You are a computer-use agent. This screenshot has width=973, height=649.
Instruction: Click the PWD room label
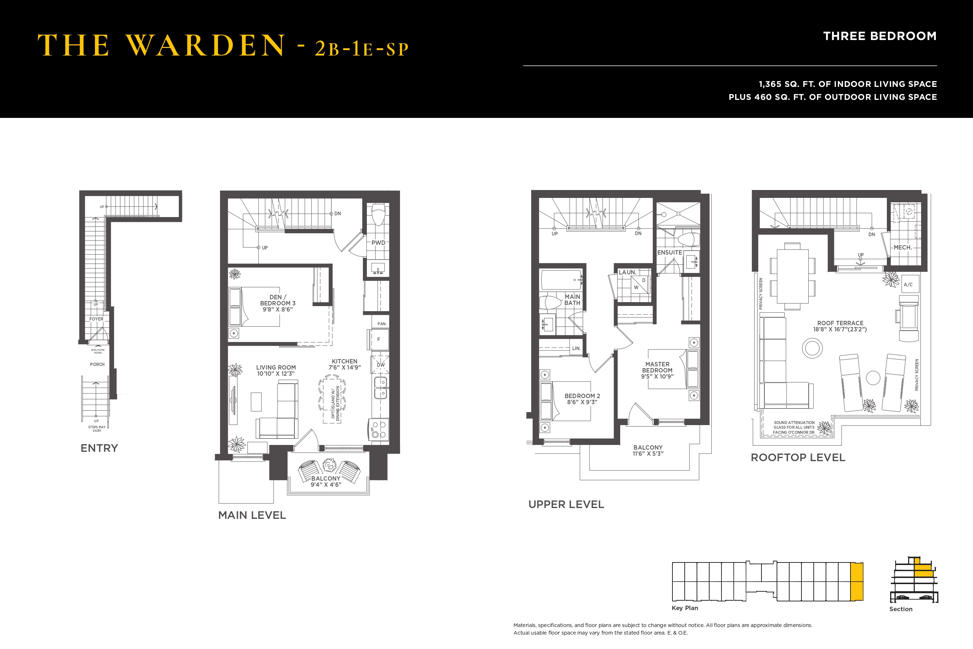tap(378, 243)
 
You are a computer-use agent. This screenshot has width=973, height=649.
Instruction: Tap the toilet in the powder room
tap(378, 214)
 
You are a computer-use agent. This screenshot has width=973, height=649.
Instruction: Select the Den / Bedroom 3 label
tap(277, 300)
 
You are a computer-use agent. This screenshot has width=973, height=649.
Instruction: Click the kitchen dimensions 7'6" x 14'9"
tap(345, 367)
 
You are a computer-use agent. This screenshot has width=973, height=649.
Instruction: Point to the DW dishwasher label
tap(381, 365)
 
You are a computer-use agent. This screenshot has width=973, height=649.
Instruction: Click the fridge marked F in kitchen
tap(378, 339)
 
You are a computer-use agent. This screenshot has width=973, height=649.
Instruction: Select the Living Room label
tap(276, 367)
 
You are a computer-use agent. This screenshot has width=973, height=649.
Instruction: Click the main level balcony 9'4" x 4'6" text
tap(326, 485)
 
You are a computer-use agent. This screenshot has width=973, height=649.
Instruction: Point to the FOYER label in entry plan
tap(96, 319)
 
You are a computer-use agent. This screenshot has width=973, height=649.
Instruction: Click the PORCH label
tap(97, 365)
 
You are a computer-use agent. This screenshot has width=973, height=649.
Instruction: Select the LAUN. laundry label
tap(627, 272)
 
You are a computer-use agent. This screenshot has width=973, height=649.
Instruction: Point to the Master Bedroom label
tap(657, 367)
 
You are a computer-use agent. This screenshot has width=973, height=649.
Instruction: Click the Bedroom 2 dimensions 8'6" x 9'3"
tap(582, 402)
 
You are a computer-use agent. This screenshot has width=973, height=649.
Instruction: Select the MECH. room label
tap(903, 247)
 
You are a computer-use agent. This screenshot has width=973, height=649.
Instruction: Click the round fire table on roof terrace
tap(812, 348)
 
